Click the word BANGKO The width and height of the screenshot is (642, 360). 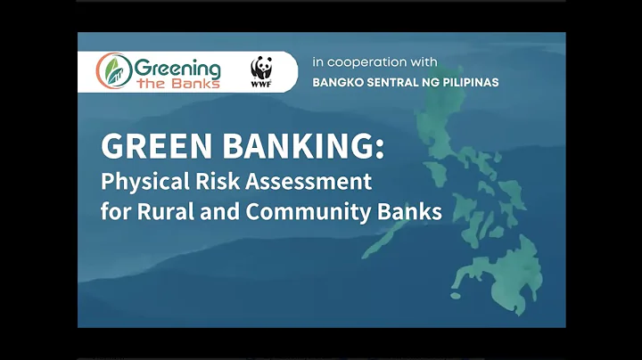(337, 82)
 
